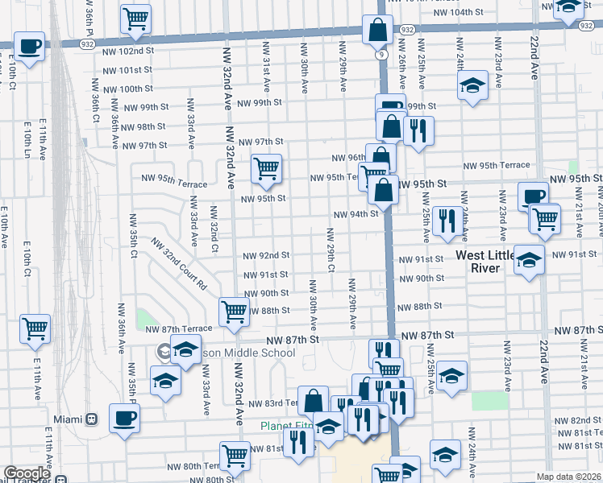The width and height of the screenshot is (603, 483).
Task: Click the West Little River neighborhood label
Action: [489, 262]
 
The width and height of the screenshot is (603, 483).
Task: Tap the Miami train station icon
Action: [93, 419]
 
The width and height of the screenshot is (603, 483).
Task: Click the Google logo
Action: [27, 473]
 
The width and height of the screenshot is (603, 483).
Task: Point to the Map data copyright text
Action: [569, 477]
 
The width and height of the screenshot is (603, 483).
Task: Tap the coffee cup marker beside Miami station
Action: [124, 418]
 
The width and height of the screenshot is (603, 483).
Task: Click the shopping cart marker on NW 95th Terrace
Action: [266, 168]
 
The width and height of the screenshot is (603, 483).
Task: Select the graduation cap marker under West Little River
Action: [529, 260]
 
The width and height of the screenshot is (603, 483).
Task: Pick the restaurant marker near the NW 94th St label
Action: [447, 221]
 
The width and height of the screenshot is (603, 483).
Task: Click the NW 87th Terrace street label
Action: [178, 328]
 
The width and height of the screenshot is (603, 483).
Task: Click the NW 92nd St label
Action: [265, 256]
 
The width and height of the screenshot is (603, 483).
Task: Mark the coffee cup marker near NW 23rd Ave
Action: [532, 196]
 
